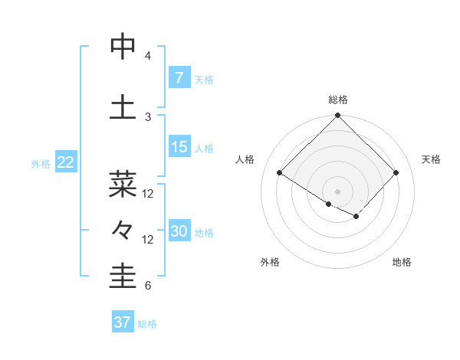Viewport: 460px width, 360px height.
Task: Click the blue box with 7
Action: coord(179,77)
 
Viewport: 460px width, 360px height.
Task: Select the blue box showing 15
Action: coord(179,146)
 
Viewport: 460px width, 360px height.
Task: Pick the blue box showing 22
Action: coord(66,162)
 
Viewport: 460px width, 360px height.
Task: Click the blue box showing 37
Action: coord(122,322)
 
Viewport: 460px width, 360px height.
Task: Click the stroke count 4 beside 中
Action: coord(148,55)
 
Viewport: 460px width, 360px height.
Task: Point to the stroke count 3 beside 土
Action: coord(148,116)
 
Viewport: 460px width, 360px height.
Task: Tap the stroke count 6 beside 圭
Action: coord(148,286)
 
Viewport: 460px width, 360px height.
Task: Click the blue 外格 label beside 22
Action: coord(41,163)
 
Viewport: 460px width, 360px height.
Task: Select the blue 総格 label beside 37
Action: coord(147,324)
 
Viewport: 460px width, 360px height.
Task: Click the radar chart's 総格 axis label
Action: coord(337,100)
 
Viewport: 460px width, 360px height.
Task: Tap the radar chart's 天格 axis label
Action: coord(432,159)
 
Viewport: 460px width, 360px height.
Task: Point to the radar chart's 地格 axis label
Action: coord(402,262)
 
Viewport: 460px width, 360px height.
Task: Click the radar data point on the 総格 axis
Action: coord(337,116)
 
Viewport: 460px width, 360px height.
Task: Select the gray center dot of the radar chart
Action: coord(337,191)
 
